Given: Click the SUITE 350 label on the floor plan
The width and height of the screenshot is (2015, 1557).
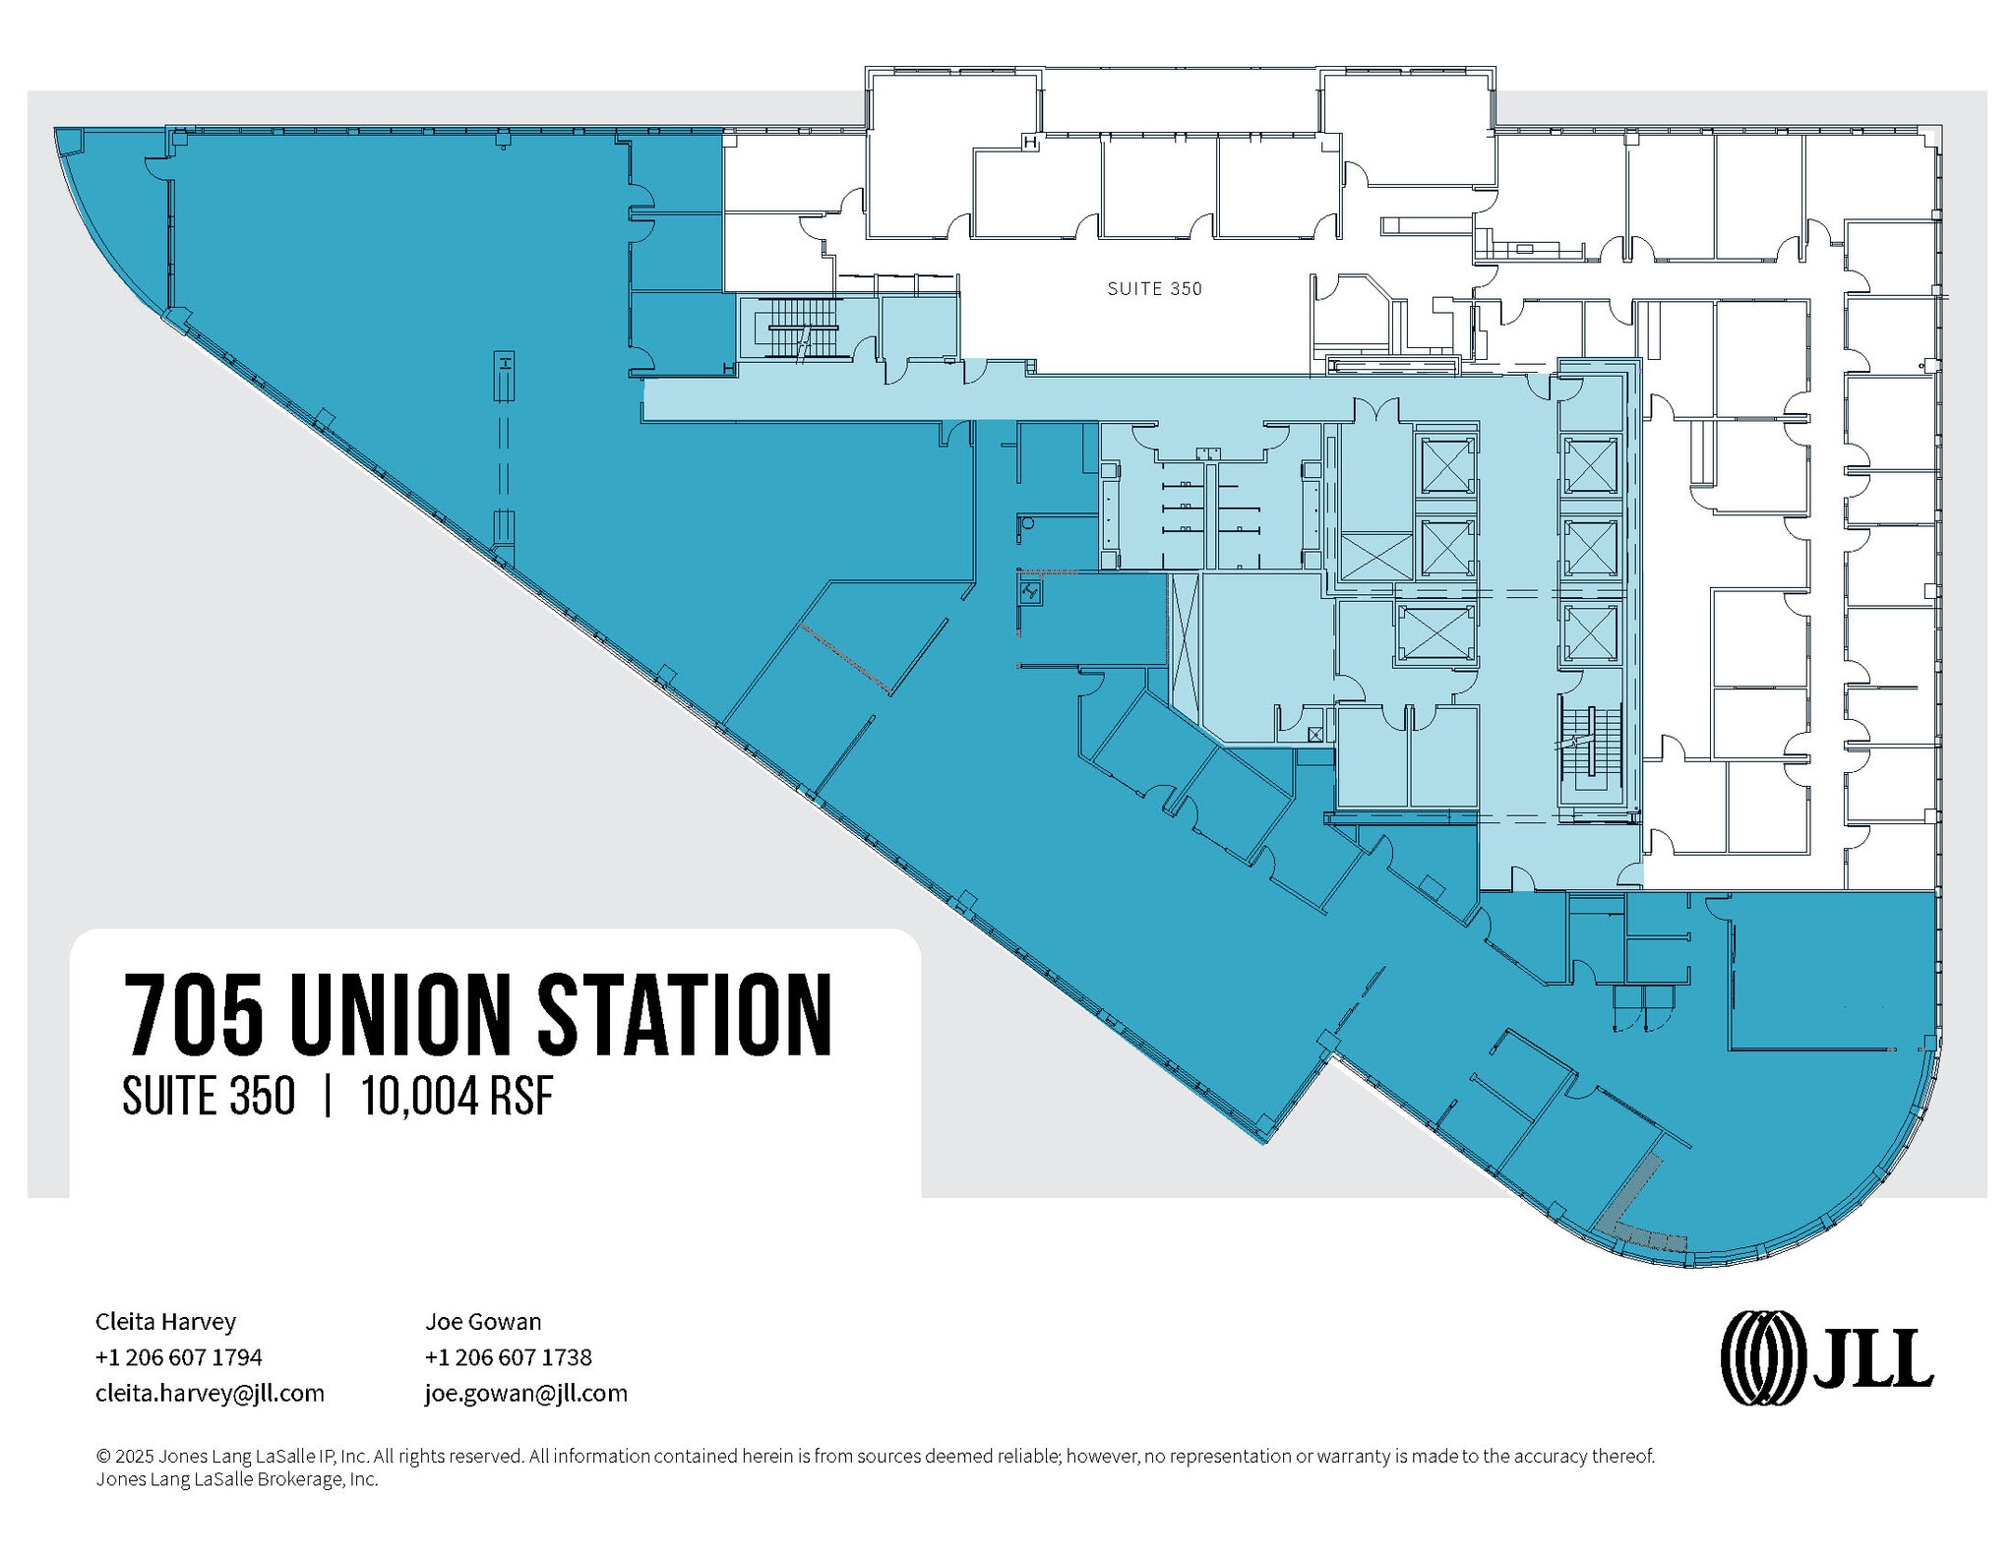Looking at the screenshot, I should point(1154,289).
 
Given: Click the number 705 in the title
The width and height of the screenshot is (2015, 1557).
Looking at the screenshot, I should point(194,1015).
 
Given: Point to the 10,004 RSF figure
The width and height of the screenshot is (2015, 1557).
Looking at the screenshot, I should point(458,1096).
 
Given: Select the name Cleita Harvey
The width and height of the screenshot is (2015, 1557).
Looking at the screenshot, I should point(165,1321).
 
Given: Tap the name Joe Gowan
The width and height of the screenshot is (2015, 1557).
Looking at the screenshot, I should point(483,1321).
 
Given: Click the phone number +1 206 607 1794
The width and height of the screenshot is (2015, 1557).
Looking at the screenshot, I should point(179,1357).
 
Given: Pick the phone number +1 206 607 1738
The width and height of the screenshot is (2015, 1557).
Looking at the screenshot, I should point(509,1357).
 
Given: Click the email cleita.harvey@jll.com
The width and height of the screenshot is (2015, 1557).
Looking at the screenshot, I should point(210,1394).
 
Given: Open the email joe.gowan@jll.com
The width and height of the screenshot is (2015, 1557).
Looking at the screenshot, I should point(526,1394).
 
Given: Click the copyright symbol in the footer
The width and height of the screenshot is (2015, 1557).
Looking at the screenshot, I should point(101,1456).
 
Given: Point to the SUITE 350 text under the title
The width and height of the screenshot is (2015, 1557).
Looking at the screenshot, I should point(209,1096).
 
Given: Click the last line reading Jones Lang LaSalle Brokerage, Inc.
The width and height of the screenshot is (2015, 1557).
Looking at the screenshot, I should point(236,1479).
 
